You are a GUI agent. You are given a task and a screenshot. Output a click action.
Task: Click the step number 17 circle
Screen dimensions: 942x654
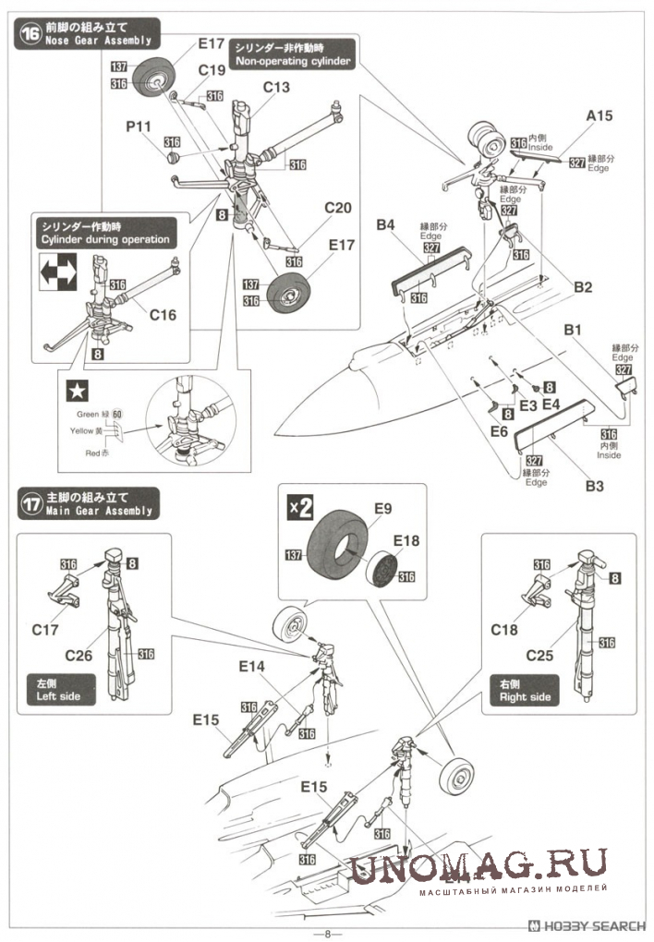pos(29,504)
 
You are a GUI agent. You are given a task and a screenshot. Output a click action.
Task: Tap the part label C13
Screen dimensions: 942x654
pos(276,88)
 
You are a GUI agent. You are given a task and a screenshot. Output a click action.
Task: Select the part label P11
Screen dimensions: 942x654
pos(139,126)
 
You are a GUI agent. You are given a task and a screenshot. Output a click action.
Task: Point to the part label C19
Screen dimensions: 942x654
pos(211,69)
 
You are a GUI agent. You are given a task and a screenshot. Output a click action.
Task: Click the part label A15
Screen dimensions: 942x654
pos(599,116)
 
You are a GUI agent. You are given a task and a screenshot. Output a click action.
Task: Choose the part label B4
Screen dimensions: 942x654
pos(385,224)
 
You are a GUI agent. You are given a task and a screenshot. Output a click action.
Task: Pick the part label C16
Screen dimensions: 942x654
pos(162,315)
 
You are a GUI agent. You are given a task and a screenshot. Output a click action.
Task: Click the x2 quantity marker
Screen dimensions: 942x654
pos(299,507)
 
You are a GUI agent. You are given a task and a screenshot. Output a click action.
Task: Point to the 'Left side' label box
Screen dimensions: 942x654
pos(60,690)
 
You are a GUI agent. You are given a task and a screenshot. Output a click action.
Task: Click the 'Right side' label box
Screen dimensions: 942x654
pos(526,690)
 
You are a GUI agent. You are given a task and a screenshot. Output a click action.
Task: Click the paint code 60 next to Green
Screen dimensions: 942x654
pos(118,413)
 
